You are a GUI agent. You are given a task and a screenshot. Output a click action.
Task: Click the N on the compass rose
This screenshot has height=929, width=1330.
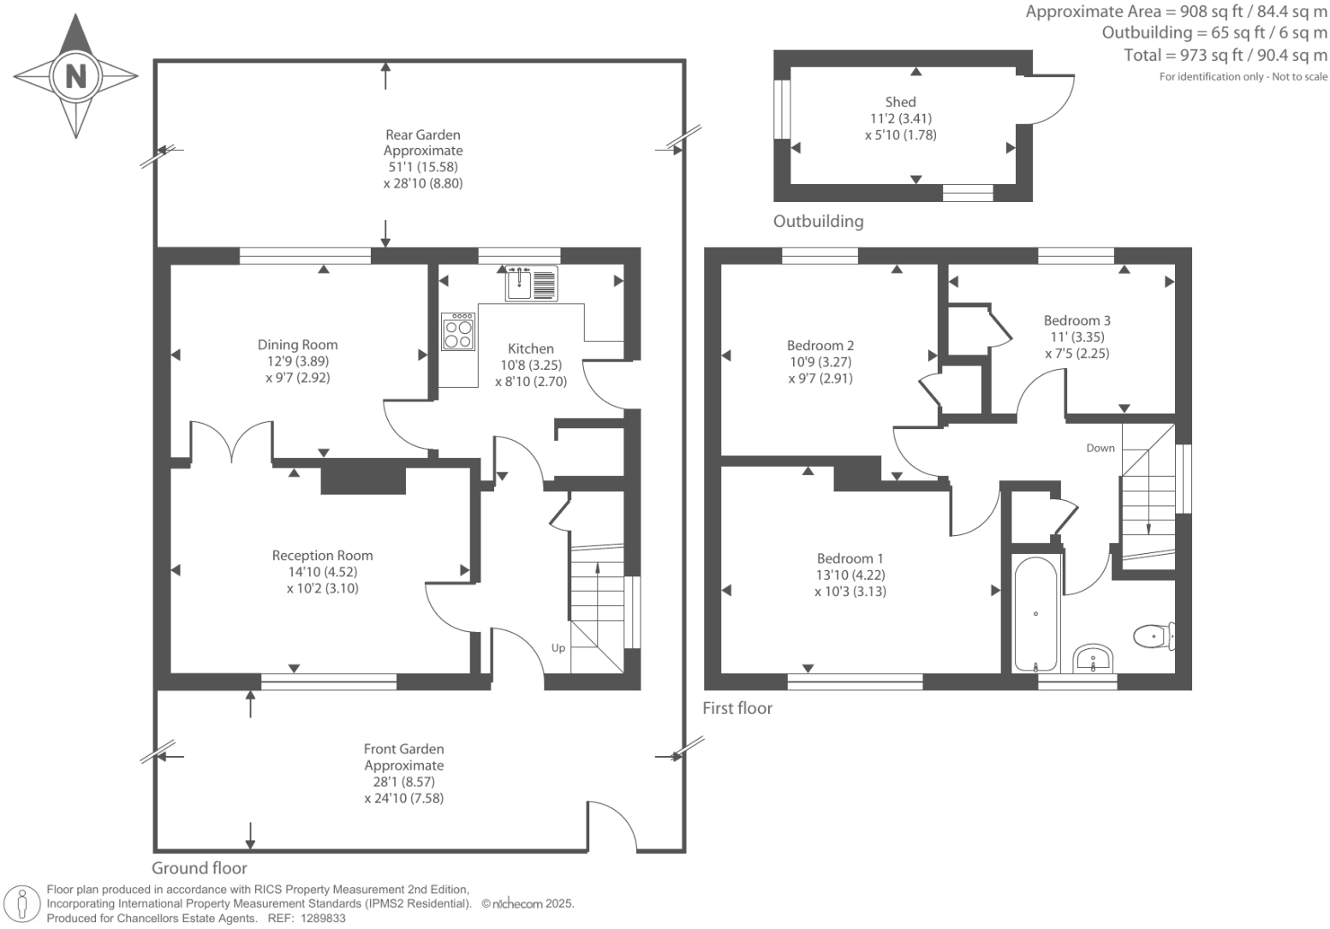(76, 76)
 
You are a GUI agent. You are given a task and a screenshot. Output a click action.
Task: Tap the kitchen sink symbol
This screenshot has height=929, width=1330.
(531, 283)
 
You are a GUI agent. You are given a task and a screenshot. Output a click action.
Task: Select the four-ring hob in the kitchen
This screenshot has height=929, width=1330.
(459, 332)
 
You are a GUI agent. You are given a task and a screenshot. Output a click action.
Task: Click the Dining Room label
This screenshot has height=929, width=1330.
(297, 345)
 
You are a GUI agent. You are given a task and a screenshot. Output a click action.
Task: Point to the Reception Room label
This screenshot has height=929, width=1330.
(322, 556)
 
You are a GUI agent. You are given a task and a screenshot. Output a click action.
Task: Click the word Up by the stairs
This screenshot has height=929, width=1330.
(558, 647)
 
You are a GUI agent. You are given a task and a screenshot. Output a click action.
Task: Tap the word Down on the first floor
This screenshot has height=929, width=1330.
(1100, 448)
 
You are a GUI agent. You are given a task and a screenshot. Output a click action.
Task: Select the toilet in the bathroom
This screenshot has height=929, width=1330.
(1152, 636)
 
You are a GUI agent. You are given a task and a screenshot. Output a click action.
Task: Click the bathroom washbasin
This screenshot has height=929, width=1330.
(1094, 658)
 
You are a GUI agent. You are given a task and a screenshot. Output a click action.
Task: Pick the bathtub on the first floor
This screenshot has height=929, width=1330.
(1036, 613)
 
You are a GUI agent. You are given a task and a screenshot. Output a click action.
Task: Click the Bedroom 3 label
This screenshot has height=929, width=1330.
(1077, 321)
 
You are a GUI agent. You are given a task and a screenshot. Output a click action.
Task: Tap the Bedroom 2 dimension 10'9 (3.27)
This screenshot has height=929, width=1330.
(820, 362)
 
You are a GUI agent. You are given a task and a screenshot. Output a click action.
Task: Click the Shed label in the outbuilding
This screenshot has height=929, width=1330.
(900, 102)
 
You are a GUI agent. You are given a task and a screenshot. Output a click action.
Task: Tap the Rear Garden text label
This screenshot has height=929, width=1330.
(422, 134)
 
